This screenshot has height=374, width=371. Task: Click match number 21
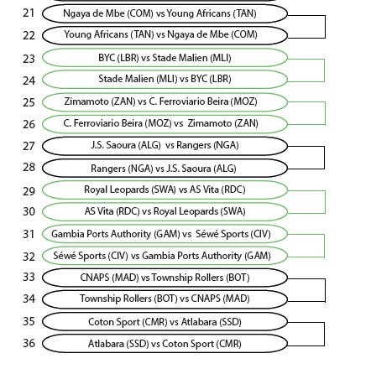pos(29,13)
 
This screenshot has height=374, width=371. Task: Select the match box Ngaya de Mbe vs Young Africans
pos(165,13)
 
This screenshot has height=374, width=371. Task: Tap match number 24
pos(29,81)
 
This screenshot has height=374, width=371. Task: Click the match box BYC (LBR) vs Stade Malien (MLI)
pos(165,58)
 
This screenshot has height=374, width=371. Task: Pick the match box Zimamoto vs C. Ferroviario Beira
pos(165,101)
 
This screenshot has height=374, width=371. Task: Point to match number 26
pos(29,124)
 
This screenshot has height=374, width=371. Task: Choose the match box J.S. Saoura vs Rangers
pos(165,146)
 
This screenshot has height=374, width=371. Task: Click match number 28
pos(29,167)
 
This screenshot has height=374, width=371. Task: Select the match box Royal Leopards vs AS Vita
pos(165,190)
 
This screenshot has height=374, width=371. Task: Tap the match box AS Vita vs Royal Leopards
pos(165,211)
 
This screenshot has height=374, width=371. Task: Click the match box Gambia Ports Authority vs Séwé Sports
pos(165,234)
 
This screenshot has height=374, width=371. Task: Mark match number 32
pos(29,257)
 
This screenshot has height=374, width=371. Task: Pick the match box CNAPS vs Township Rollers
pos(165,278)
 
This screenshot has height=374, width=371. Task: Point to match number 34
pos(29,299)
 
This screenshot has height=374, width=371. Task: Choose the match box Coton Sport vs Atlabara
pos(165,322)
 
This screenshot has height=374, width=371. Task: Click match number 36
pos(29,343)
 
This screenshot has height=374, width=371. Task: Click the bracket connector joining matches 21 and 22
pos(325,27)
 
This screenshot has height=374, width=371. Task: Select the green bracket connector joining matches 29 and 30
pos(325,202)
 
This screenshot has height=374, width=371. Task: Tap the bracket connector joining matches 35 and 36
pos(325,334)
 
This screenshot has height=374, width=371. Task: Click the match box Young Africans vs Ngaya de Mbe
pos(165,35)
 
